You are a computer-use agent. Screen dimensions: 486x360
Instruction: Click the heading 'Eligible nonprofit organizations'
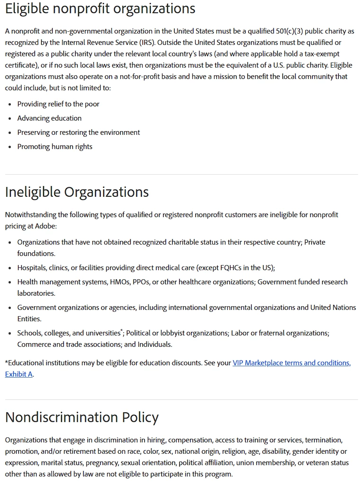click(100, 9)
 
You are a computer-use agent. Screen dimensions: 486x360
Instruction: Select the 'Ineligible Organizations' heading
click(77, 192)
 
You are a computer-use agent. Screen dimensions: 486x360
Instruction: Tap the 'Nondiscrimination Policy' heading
click(82, 417)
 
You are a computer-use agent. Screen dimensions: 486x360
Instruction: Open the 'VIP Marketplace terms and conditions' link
click(291, 363)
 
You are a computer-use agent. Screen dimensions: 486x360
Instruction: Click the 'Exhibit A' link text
click(19, 374)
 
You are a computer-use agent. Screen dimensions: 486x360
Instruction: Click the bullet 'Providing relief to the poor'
click(58, 104)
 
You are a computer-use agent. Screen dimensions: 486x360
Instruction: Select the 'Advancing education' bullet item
click(49, 118)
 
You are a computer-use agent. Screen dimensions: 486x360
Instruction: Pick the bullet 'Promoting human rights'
click(55, 147)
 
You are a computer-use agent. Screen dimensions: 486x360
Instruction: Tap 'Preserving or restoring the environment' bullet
click(79, 133)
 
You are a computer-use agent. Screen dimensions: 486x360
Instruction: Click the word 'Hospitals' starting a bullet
click(32, 268)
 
